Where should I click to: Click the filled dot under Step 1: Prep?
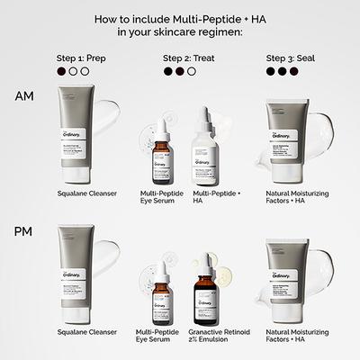pos(59,71)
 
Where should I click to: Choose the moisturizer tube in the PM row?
pos(287,278)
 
